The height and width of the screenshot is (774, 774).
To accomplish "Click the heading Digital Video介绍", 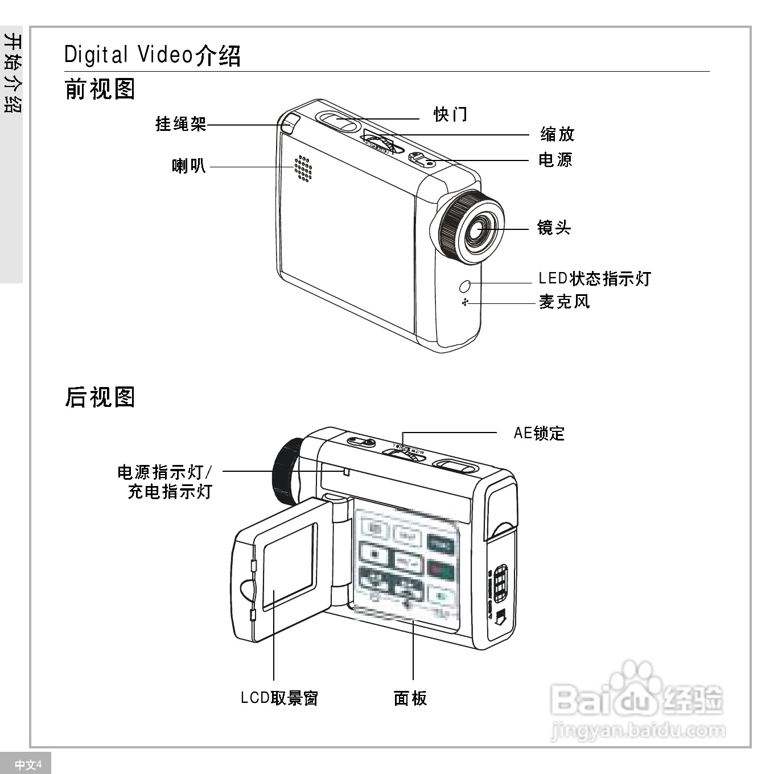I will tap(153, 55).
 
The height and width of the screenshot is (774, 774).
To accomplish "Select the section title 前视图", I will tap(100, 90).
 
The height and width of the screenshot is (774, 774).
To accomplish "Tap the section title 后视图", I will tap(100, 397).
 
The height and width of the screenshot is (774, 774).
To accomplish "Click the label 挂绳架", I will tap(181, 124).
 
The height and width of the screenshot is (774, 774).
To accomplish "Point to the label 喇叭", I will tap(189, 166).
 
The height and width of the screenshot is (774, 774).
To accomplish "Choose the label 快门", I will tap(451, 114).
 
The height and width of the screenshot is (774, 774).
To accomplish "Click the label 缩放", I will tap(557, 134).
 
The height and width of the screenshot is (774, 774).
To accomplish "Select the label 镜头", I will tap(554, 228).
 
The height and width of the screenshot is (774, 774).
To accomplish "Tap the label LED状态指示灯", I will tap(595, 278).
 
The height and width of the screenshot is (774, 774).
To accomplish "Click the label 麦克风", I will tap(565, 302).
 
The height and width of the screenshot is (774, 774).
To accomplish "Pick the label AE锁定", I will tap(539, 433).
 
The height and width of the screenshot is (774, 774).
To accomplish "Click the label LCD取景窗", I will tap(279, 698).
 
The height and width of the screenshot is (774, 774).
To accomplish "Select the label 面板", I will tap(410, 698).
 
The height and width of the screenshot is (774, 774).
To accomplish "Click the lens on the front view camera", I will tap(477, 229).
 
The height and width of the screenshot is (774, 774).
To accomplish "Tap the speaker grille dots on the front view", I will tap(303, 168).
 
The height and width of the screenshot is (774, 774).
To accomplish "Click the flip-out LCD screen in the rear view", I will tap(288, 567).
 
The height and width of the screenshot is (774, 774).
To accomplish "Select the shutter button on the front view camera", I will tap(339, 120).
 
